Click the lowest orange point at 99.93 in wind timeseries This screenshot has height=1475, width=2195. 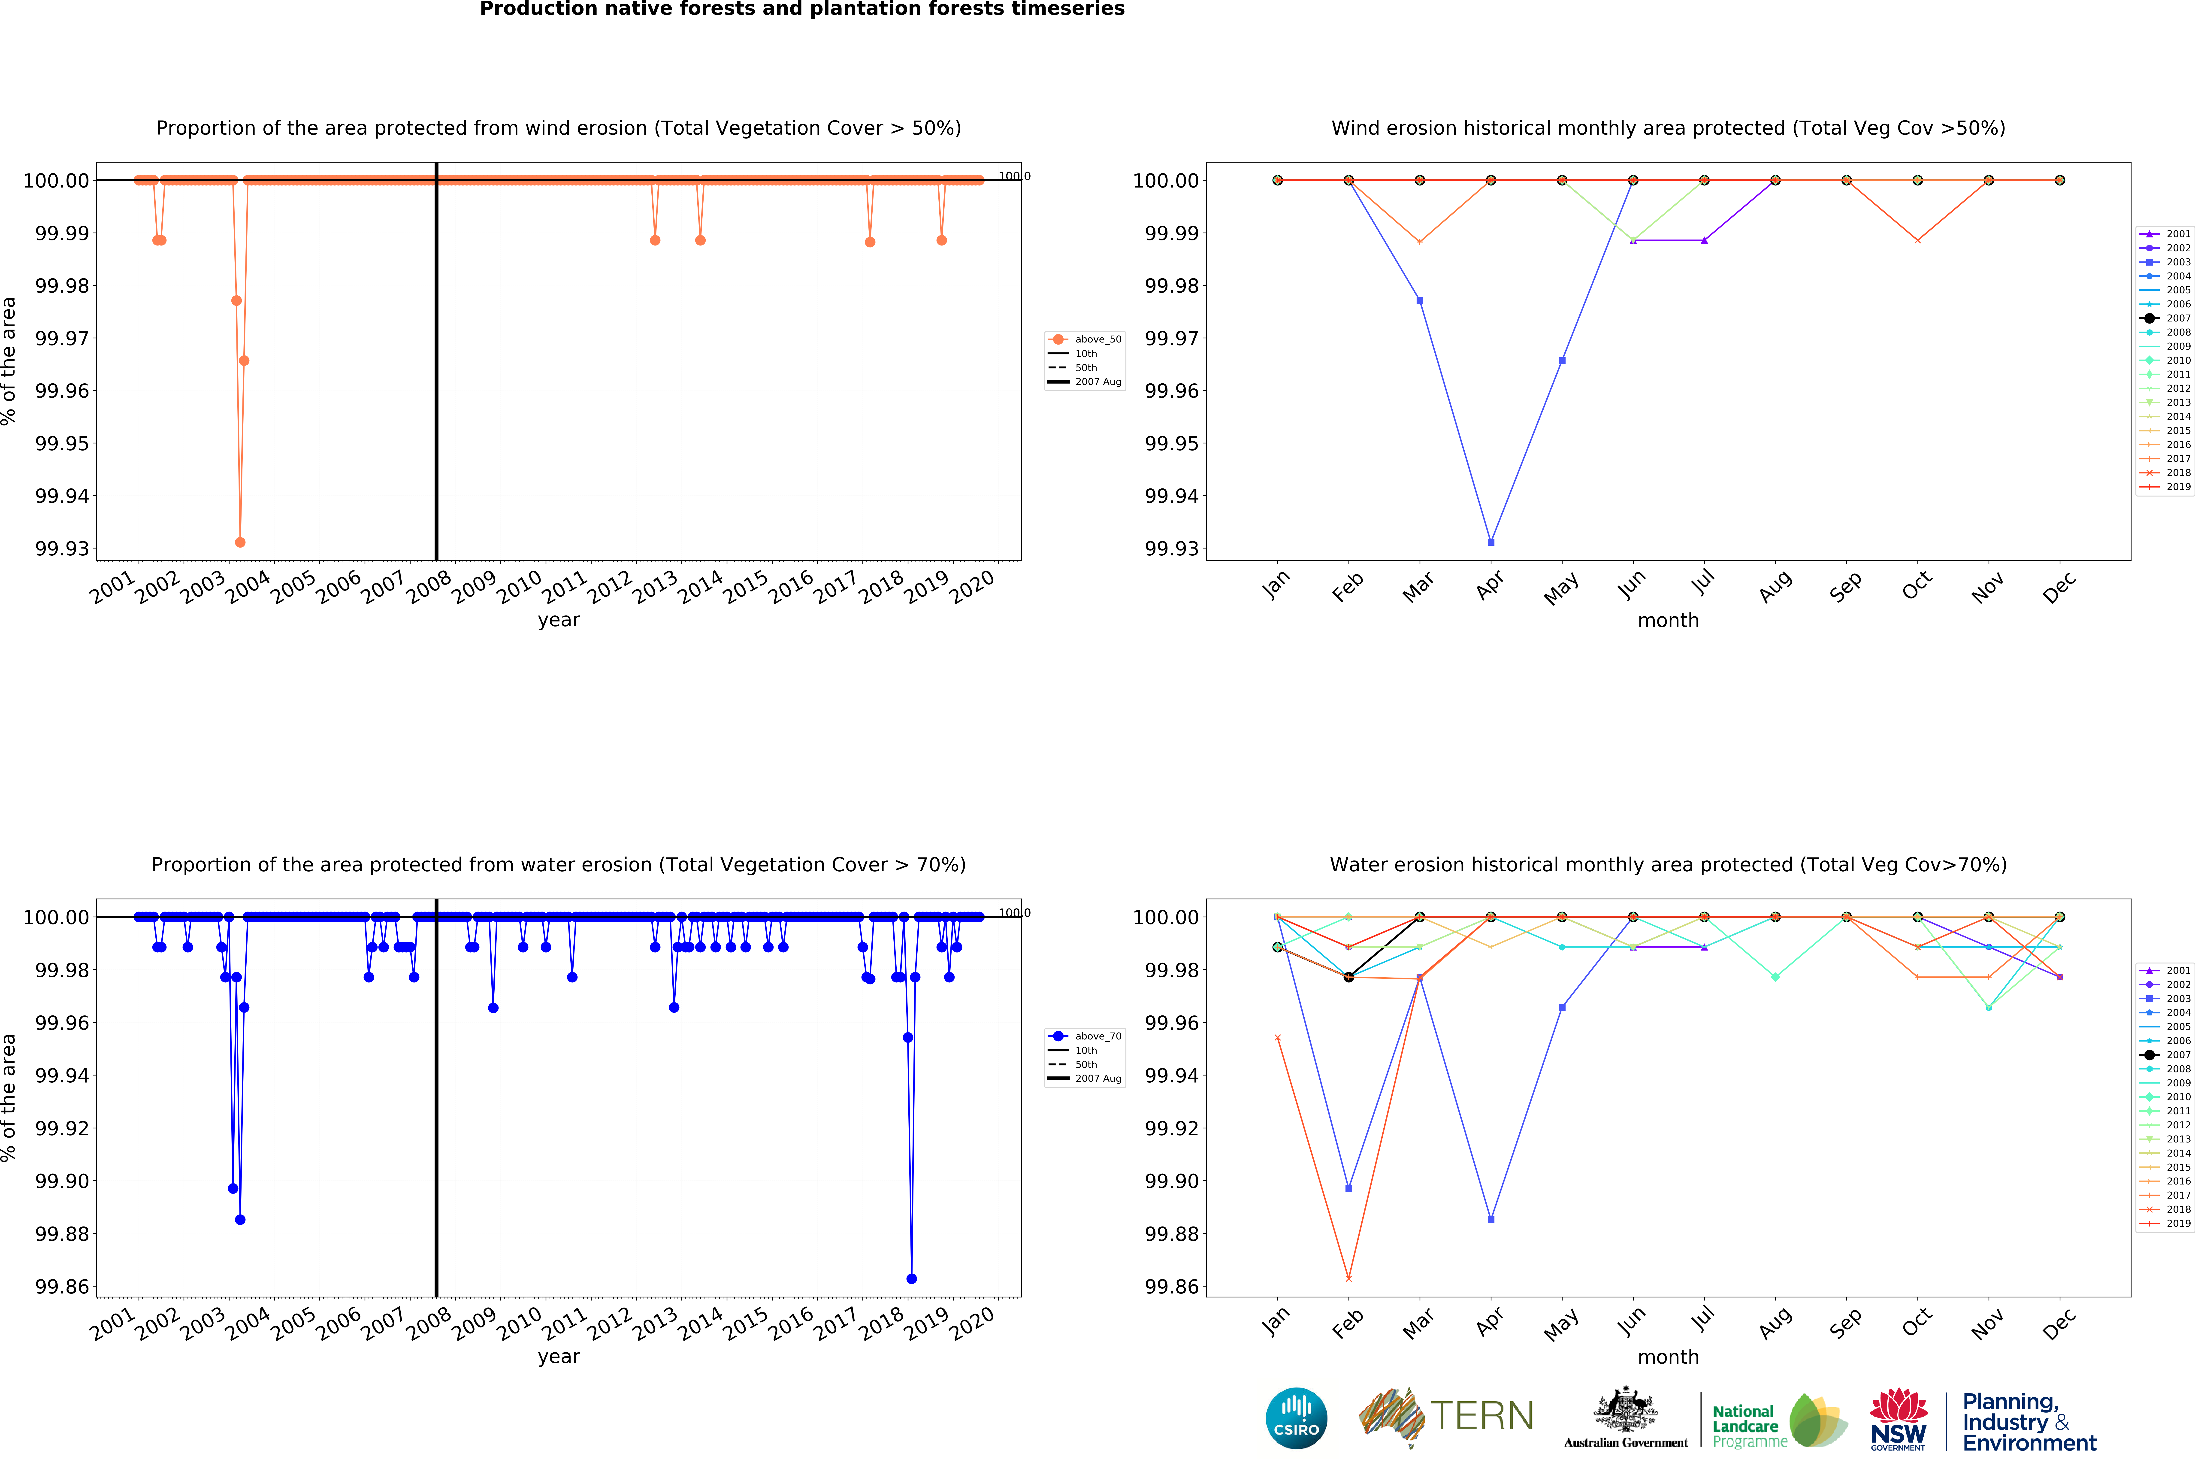240,542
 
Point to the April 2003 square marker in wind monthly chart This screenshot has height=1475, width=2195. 1491,542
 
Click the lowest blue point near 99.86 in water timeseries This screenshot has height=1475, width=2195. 911,1278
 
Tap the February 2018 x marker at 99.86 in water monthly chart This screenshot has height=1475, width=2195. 1348,1278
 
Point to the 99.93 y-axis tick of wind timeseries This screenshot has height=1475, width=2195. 62,548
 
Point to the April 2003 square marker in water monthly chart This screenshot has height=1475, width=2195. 1491,1219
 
